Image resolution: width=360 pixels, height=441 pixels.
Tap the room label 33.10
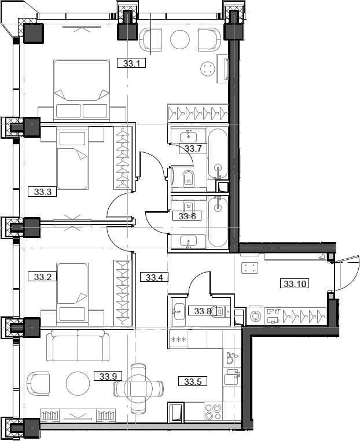point(296,284)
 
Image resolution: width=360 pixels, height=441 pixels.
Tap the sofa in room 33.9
point(78,347)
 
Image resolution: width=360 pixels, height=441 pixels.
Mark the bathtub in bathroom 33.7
point(218,158)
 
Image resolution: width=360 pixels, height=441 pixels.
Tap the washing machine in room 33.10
point(255,317)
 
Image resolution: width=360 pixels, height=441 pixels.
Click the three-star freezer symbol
point(177,339)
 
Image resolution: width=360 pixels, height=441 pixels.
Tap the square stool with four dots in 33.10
point(250,268)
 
